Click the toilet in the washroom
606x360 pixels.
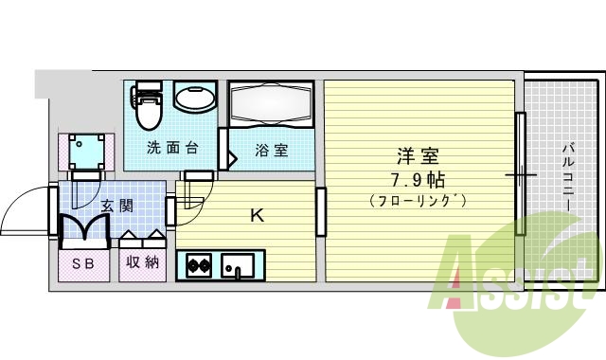tap(149, 106)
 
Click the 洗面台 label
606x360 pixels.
tap(171, 148)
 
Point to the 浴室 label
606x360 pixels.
tap(272, 150)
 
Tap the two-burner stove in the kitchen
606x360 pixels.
tap(199, 266)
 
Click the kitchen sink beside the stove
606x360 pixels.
tap(238, 266)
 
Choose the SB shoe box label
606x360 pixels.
tap(83, 263)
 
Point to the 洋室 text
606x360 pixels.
tap(418, 155)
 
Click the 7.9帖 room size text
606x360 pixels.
tap(418, 178)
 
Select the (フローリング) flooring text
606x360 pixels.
tap(418, 200)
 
